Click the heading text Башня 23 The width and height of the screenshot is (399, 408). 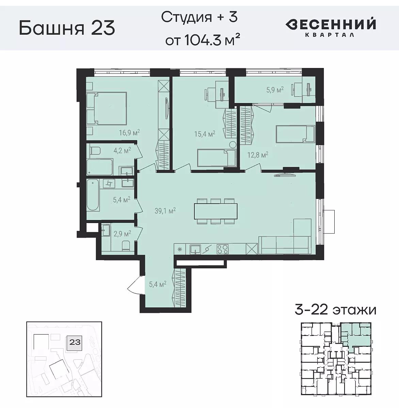click(67, 28)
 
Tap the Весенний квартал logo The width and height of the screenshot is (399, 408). click(330, 27)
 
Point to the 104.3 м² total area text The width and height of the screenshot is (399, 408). click(201, 40)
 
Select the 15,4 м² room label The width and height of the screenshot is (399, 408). click(205, 134)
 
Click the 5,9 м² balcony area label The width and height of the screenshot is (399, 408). click(275, 90)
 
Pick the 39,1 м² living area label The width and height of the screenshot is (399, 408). click(165, 211)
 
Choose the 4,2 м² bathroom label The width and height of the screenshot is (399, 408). click(122, 150)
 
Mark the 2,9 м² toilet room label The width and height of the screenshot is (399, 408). click(122, 234)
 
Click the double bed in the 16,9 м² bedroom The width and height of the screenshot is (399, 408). click(107, 108)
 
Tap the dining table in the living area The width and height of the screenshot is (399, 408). click(216, 211)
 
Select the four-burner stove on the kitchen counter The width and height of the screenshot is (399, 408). click(223, 249)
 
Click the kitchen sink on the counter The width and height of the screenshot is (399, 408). click(195, 249)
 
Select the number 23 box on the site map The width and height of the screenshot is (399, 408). click(75, 342)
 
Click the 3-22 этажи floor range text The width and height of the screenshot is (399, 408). click(335, 310)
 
